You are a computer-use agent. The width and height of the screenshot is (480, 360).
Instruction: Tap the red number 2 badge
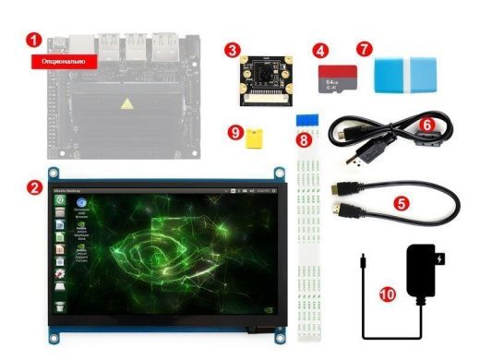coord(34,186)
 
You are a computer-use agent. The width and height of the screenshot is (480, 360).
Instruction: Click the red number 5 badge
coord(401,199)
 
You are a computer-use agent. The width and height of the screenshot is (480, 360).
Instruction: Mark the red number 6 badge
coord(426,122)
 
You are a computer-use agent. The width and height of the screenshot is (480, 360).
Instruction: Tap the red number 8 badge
coord(303,139)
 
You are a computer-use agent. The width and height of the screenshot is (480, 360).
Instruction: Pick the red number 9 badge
coord(236,132)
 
